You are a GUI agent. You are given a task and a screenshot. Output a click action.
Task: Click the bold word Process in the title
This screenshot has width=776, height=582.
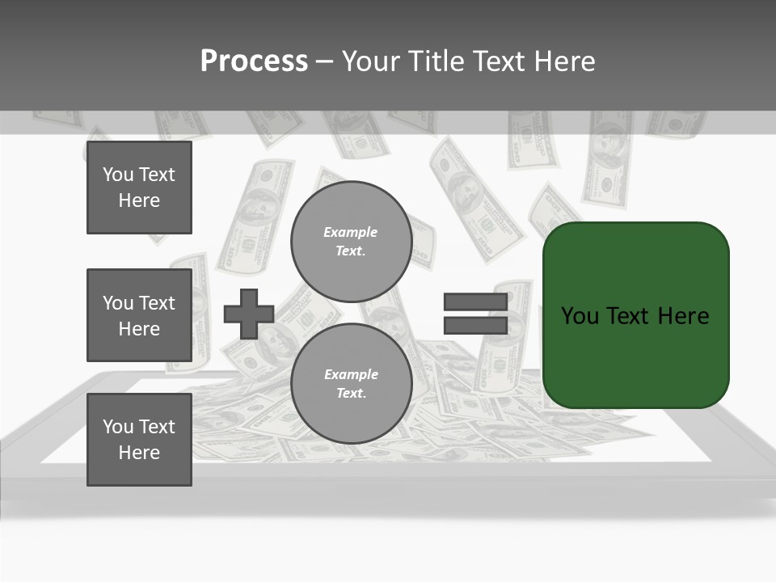254,61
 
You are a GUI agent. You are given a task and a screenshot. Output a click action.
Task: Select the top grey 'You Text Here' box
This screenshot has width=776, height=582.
139,188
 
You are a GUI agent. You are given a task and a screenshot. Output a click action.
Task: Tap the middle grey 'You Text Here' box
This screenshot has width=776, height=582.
139,315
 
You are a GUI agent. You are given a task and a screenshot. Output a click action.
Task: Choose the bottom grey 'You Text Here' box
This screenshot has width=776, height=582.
139,440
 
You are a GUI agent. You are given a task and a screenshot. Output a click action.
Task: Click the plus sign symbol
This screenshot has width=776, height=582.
249,314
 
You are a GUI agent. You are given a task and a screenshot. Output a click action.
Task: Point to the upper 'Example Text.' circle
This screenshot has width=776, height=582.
351,242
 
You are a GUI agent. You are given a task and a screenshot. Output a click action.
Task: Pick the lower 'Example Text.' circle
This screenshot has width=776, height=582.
351,384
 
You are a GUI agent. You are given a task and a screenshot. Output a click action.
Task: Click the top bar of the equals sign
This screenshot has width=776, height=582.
475,302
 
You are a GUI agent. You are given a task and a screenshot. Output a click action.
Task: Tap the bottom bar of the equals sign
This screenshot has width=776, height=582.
475,325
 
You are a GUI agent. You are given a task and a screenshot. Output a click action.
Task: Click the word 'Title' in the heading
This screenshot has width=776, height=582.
437,61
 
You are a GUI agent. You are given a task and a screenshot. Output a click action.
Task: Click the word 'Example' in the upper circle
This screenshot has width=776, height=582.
350,232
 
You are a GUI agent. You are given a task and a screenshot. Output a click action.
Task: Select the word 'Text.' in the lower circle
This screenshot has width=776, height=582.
351,394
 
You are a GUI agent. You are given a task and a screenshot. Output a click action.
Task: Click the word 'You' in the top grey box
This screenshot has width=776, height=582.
117,175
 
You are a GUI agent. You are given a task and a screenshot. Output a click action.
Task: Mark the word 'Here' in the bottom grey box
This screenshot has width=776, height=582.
139,453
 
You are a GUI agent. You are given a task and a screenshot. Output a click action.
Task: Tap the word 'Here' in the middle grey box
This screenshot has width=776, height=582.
139,329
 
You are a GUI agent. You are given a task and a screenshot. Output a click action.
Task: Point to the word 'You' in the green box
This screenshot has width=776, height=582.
580,316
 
